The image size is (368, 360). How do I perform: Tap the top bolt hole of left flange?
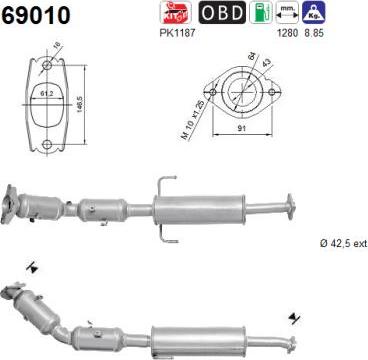[x=45, y=67]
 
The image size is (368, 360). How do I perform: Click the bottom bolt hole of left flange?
[x=46, y=146]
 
